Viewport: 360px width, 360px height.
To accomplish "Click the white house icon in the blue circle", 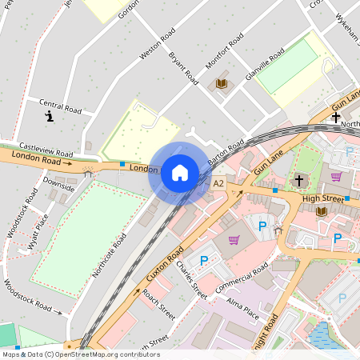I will tap(180, 173).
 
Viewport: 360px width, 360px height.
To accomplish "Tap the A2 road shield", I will tap(218, 184).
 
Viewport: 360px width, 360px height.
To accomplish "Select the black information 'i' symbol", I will tap(50, 117).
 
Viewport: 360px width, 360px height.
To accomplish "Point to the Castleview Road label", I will tap(46, 150).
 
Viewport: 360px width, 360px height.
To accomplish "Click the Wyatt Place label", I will tap(38, 231).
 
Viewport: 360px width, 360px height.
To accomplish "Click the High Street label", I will tap(322, 198).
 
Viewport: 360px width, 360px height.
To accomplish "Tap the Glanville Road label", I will tap(265, 63).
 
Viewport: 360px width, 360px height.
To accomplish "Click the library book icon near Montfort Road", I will tap(222, 83).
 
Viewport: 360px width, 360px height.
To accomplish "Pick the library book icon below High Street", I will tap(322, 211).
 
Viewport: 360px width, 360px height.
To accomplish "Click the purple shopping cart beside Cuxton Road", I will tap(234, 240).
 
